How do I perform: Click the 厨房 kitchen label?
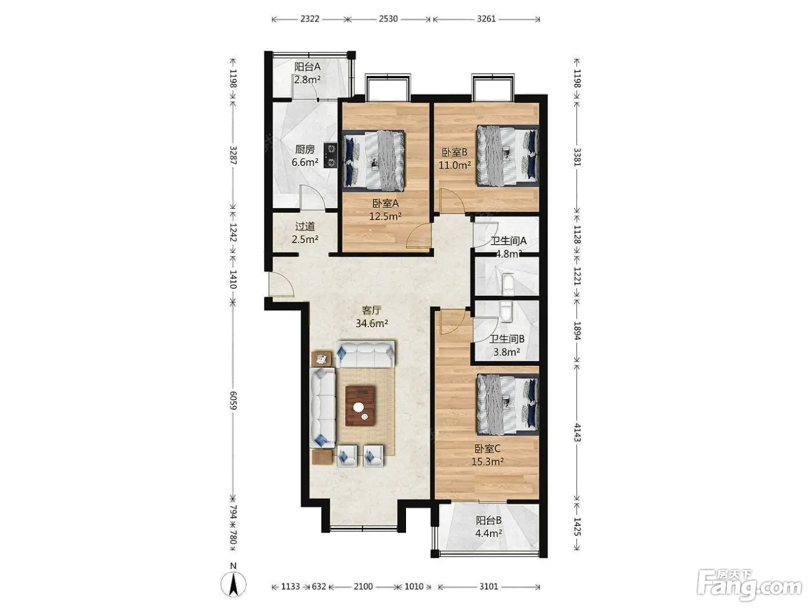coord(305,150)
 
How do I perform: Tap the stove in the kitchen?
coord(331,155)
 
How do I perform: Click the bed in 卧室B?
coord(507,155)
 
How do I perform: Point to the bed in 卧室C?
coord(507,404)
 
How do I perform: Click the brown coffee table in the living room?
coord(361,405)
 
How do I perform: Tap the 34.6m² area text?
coord(372,324)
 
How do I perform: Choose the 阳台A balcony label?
coord(307,67)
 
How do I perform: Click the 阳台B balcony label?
coord(489,521)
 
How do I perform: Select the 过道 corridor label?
coord(305,226)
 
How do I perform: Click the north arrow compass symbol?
coord(233,583)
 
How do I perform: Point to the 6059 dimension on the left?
coord(233,401)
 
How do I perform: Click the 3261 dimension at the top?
coord(486,19)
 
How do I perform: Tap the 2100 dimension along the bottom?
coord(363,586)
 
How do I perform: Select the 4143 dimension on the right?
coord(577,433)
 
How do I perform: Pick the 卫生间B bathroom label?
coord(507,339)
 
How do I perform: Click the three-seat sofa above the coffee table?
coord(365,354)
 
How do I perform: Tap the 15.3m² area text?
coord(487,462)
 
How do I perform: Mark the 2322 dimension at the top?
coord(310,19)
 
